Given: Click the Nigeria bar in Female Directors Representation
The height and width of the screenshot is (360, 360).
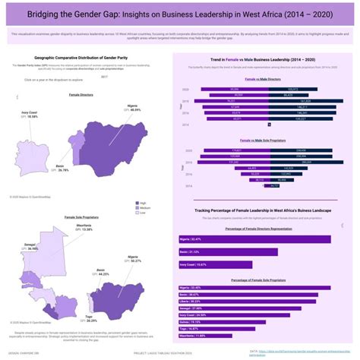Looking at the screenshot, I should click(x=258, y=238).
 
